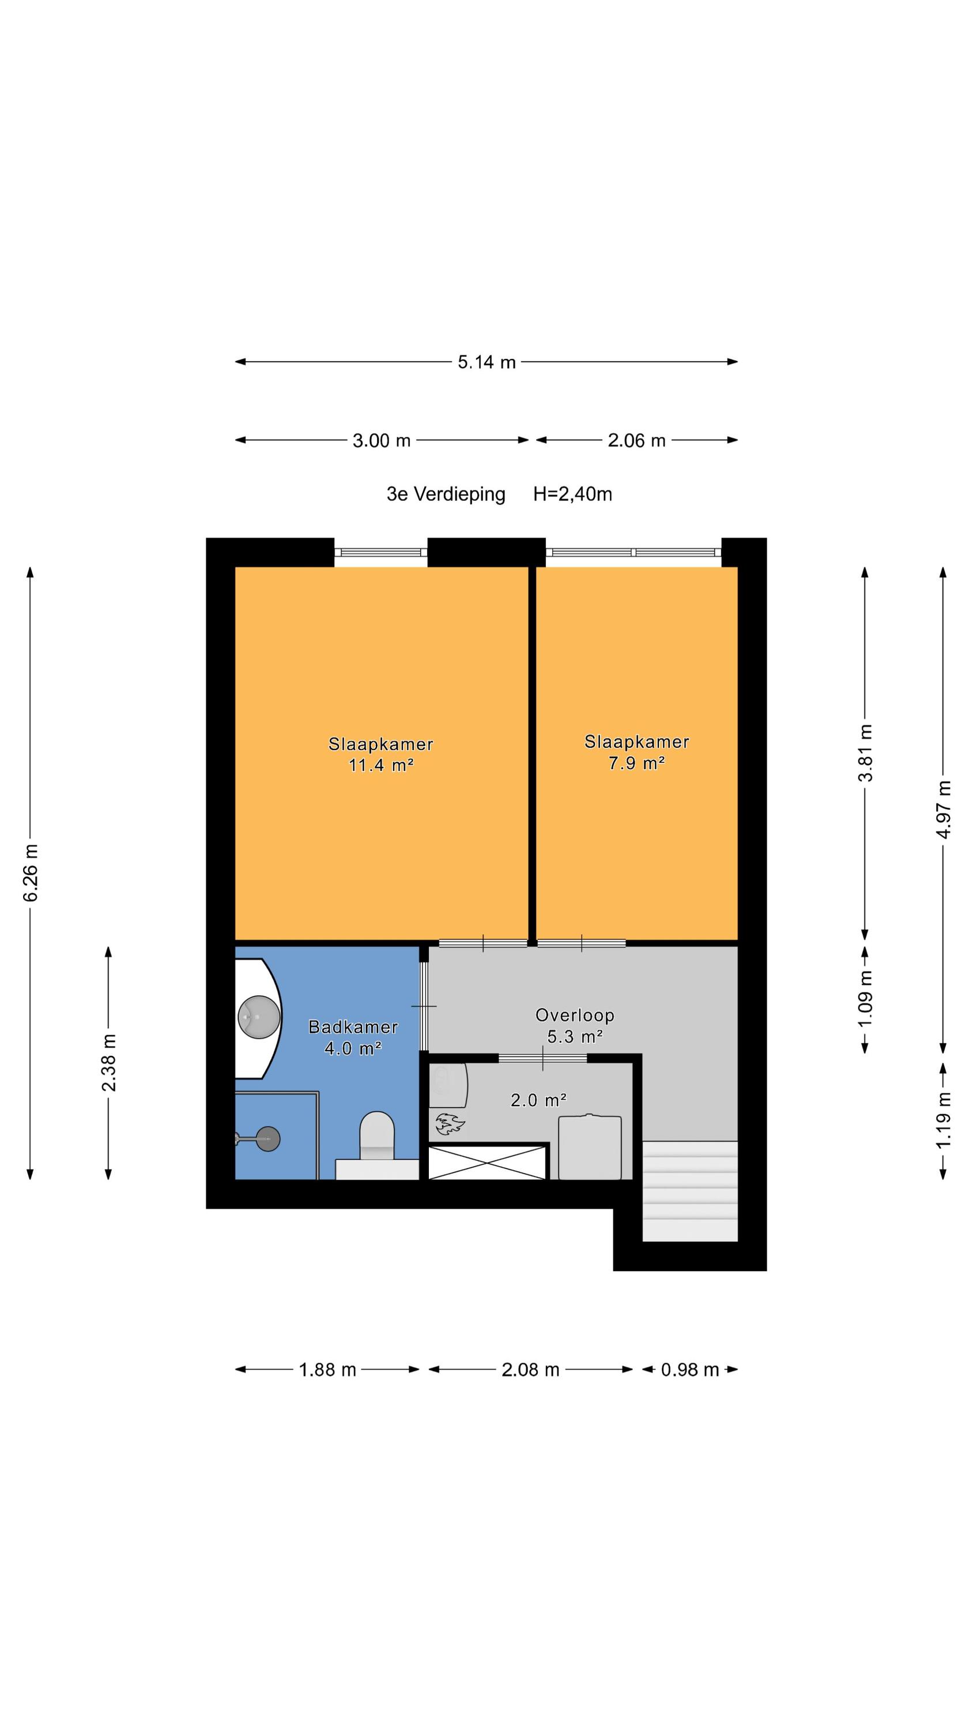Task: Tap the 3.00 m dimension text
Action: pos(382,441)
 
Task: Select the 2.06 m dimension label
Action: pos(636,441)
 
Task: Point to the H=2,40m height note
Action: pos(572,494)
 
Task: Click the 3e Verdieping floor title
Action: pos(446,494)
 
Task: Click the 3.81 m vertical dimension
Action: pos(866,752)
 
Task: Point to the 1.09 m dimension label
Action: pos(866,998)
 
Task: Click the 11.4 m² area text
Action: pos(381,765)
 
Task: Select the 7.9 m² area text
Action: pos(636,763)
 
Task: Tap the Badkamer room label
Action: pos(353,1027)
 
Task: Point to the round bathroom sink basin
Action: pos(259,1017)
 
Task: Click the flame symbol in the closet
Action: pos(449,1123)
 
